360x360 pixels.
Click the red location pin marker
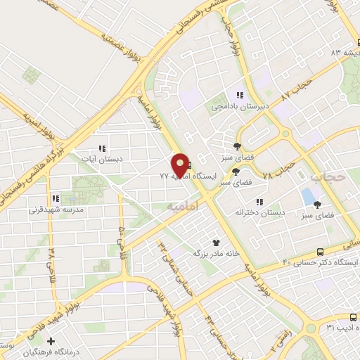point(181,165)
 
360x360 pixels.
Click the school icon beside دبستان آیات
point(102,148)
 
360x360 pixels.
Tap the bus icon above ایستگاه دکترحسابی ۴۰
point(321,250)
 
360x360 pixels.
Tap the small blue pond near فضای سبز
point(308,194)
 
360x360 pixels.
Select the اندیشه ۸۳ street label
point(345,52)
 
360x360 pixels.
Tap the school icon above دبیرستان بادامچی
point(239,95)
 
